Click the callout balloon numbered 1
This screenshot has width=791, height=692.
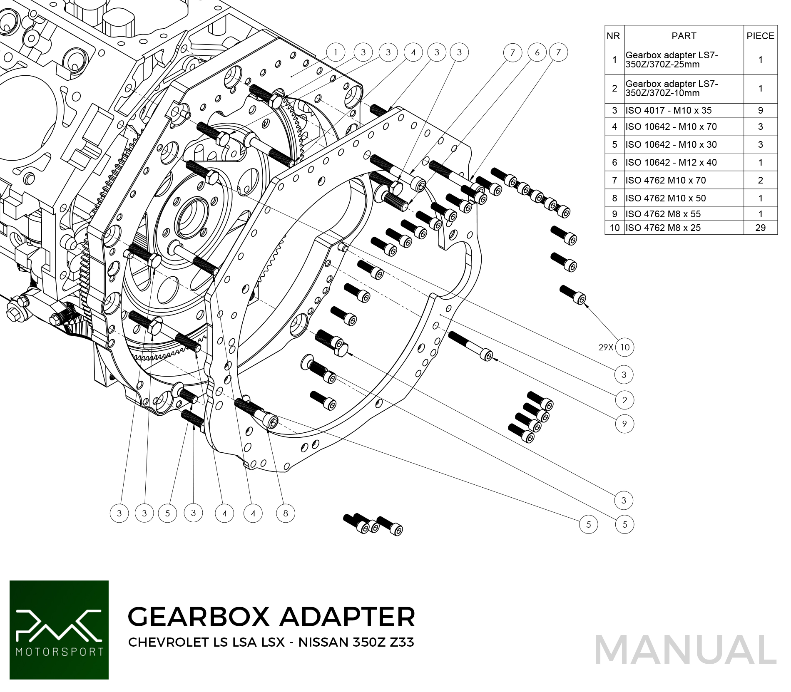(x=336, y=52)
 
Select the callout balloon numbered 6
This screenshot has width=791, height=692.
(x=537, y=52)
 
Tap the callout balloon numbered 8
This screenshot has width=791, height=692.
(x=286, y=513)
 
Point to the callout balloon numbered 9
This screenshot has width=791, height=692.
(x=624, y=424)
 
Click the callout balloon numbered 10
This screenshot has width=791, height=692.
(x=624, y=347)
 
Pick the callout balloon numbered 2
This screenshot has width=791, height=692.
(x=624, y=400)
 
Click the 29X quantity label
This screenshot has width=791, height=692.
(x=606, y=347)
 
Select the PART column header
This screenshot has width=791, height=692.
(x=684, y=36)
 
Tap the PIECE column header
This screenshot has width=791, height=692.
(x=760, y=36)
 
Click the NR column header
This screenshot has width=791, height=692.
(x=614, y=36)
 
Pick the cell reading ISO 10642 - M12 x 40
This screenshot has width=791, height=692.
(x=671, y=162)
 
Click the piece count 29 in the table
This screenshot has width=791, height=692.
(x=760, y=228)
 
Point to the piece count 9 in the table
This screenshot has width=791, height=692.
(x=760, y=110)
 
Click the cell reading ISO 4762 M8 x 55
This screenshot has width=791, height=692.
(x=663, y=214)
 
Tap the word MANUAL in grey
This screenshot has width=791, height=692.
(x=685, y=650)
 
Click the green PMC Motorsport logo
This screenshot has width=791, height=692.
(x=59, y=630)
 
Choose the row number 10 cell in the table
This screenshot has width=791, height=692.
(x=614, y=228)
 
